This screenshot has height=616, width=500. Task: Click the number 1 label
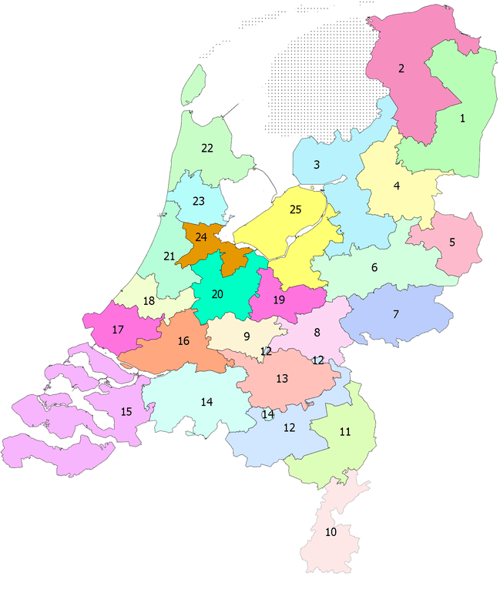pyautogui.click(x=462, y=119)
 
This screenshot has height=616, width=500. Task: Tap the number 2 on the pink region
pyautogui.click(x=401, y=69)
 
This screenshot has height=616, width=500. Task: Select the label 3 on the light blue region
pyautogui.click(x=317, y=165)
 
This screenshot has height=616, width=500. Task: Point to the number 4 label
pyautogui.click(x=397, y=186)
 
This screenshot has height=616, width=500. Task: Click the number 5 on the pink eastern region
pyautogui.click(x=452, y=242)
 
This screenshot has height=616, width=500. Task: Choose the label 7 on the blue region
pyautogui.click(x=396, y=314)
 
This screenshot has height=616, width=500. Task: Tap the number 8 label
pyautogui.click(x=317, y=333)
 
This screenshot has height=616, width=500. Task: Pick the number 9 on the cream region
pyautogui.click(x=247, y=336)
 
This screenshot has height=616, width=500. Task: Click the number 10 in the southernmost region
pyautogui.click(x=331, y=532)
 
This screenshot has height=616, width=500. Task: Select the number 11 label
pyautogui.click(x=345, y=432)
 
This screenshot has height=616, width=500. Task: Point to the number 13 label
pyautogui.click(x=282, y=378)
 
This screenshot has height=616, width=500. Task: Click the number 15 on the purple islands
pyautogui.click(x=126, y=412)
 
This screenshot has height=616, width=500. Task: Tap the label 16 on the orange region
pyautogui.click(x=183, y=340)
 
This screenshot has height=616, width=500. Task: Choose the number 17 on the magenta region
pyautogui.click(x=118, y=330)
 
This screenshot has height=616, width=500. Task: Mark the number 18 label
pyautogui.click(x=149, y=300)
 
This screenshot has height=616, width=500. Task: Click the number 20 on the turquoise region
pyautogui.click(x=217, y=294)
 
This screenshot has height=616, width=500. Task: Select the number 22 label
pyautogui.click(x=207, y=148)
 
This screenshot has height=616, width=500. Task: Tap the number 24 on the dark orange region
pyautogui.click(x=202, y=236)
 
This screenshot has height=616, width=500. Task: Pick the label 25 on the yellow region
pyautogui.click(x=296, y=209)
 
